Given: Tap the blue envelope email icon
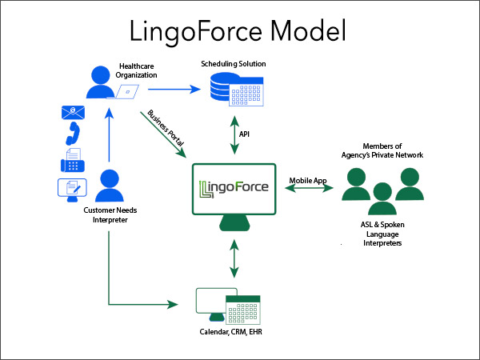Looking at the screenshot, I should coord(73,112).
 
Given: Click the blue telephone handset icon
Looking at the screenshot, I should coord(73,138).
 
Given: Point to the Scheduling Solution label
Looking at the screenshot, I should coord(233,62).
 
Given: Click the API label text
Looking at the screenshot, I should coord(245,135).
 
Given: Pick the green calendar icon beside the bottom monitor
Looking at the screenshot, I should coord(239,306).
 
